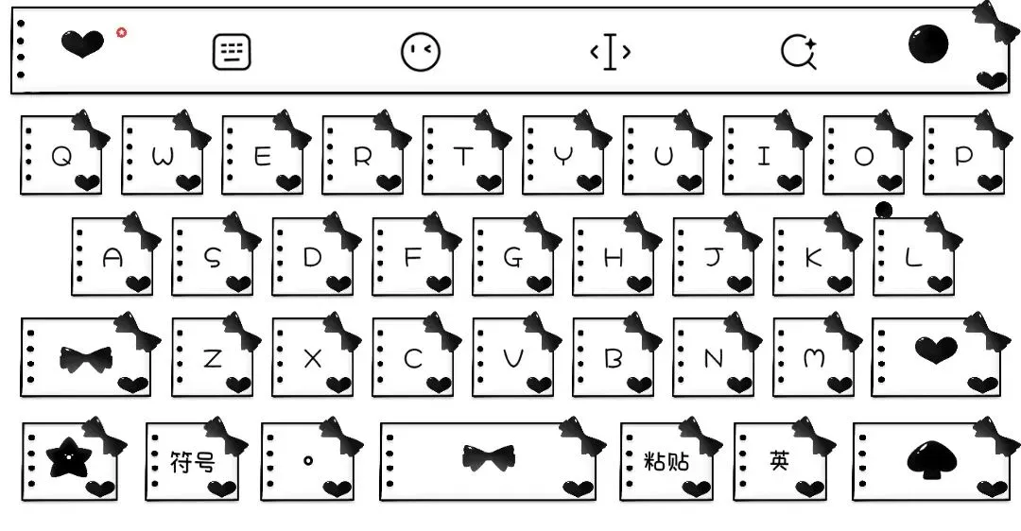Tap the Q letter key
[x=61, y=156]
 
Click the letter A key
[x=112, y=258]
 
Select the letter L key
[x=914, y=258]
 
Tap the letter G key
[x=513, y=258]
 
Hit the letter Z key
[x=213, y=358]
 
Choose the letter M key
[x=814, y=358]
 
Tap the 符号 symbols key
[x=192, y=462]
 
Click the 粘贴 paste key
[x=666, y=462]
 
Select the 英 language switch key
[x=780, y=462]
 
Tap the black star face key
[x=69, y=459]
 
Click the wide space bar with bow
[x=489, y=459]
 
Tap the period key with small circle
[x=308, y=461]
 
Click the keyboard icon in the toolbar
[x=232, y=52]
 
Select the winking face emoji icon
[x=421, y=52]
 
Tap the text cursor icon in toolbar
[x=610, y=52]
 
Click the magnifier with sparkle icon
[x=799, y=52]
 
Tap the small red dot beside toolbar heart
[x=121, y=32]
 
